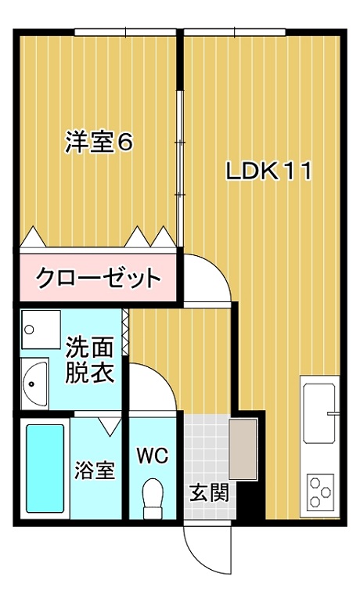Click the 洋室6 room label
pyautogui.click(x=99, y=142)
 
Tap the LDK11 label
pyautogui.click(x=268, y=171)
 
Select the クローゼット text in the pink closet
pyautogui.click(x=98, y=278)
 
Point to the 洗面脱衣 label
pyautogui.click(x=90, y=360)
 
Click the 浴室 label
pyautogui.click(x=95, y=470)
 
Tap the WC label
pyautogui.click(x=153, y=456)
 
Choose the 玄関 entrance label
pyautogui.click(x=210, y=492)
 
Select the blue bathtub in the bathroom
pyautogui.click(x=45, y=468)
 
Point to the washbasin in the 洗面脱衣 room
pyautogui.click(x=35, y=384)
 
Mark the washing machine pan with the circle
pyautogui.click(x=41, y=330)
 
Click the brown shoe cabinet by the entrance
pyautogui.click(x=243, y=449)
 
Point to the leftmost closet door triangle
pyautogui.click(x=33, y=237)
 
